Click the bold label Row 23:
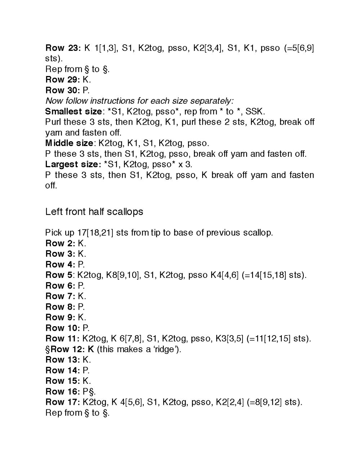63,48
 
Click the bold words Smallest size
74,111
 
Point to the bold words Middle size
69,143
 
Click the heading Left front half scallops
94,212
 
